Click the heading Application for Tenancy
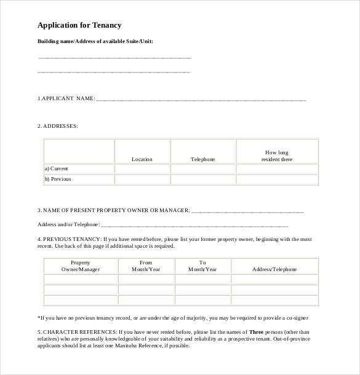pos(79,25)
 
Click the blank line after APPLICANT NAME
pos(201,99)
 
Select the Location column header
pos(142,159)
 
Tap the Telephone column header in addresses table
pos(202,159)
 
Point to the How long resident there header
pos(277,156)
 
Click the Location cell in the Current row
pos(142,169)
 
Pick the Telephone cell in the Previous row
pos(202,180)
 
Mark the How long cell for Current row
pos(277,169)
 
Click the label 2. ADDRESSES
pos(58,125)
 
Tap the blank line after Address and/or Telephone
pos(194,225)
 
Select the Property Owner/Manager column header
pos(81,266)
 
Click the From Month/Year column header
pos(146,266)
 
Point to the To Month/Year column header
pos(202,266)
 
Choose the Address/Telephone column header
pos(274,269)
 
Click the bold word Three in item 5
pos(256,332)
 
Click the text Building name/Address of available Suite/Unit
pos(95,41)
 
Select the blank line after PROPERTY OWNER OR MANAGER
pos(247,211)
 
